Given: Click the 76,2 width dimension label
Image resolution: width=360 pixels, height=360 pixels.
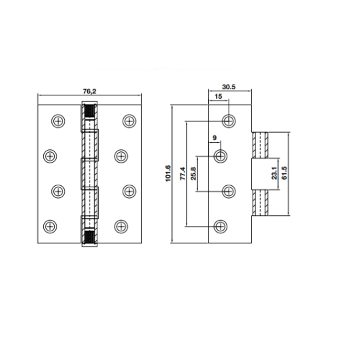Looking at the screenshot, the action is click(89, 91).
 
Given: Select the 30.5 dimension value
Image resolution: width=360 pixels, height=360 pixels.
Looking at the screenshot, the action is click(229, 87).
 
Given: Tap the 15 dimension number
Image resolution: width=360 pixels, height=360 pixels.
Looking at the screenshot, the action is click(219, 97).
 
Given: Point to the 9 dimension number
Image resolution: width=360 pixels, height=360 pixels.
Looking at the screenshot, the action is click(215, 138).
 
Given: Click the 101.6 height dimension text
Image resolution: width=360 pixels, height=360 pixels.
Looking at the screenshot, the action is click(168, 173).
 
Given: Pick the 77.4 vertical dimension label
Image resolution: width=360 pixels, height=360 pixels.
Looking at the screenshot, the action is click(182, 173).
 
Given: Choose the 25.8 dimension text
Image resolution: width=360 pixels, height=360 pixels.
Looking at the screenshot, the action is click(193, 173).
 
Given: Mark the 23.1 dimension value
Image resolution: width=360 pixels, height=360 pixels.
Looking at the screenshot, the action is click(274, 173).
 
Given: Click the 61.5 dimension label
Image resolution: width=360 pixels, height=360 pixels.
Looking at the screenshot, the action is click(284, 173).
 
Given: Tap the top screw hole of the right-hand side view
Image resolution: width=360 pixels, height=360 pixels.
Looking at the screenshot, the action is click(229, 121).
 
